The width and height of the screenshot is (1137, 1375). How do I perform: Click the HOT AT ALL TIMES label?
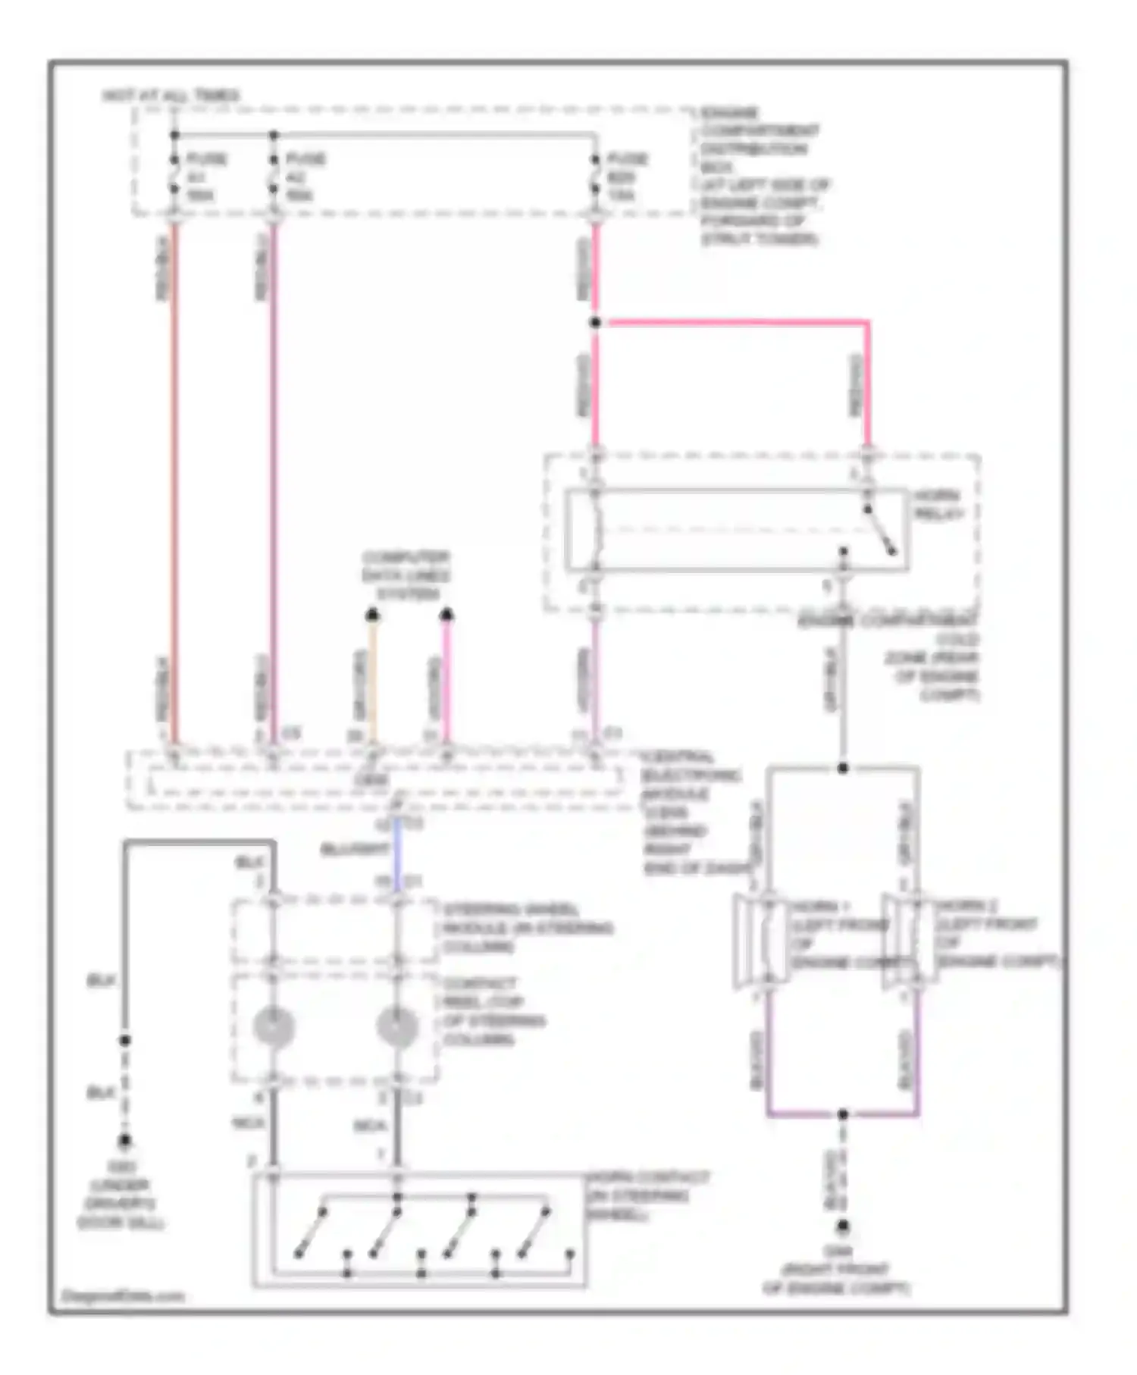click(171, 96)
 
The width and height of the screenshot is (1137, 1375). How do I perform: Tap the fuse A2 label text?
click(305, 177)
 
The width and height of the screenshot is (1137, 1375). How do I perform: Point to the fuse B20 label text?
click(626, 177)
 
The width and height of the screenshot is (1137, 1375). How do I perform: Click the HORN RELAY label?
click(938, 504)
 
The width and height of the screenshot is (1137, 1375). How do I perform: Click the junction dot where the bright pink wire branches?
click(596, 323)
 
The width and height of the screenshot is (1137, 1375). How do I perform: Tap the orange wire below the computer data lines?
click(372, 682)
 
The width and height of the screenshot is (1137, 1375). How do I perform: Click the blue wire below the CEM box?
click(397, 849)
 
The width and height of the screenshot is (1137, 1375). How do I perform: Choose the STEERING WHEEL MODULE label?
click(528, 928)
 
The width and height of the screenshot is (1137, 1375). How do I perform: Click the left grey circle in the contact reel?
click(273, 1026)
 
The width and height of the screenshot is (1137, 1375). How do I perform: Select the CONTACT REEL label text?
click(493, 1011)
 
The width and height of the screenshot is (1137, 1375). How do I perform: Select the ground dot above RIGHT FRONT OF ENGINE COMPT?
click(842, 1226)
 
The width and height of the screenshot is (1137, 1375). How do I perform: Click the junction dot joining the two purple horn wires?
click(842, 1114)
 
